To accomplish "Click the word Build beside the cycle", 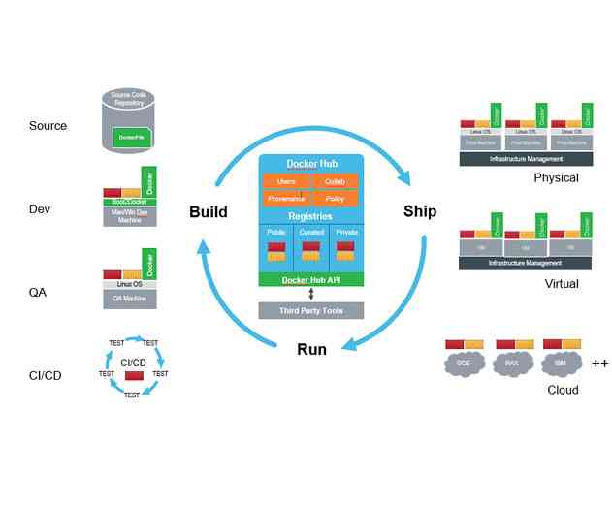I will (208, 212).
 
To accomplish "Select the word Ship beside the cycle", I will (419, 211).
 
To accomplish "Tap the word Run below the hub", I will (310, 349).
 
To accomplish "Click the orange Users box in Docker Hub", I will (286, 181).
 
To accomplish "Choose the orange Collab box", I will (336, 181).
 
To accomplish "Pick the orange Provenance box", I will (286, 198).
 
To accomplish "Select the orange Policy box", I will (336, 198).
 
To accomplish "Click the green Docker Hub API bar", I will (310, 279).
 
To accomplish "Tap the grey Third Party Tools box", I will (310, 310).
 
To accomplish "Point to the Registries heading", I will (310, 216).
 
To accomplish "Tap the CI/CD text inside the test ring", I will (133, 362).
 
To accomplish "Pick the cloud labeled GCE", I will (463, 364).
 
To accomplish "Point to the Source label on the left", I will (48, 126).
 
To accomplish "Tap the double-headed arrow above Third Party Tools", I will (310, 294).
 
